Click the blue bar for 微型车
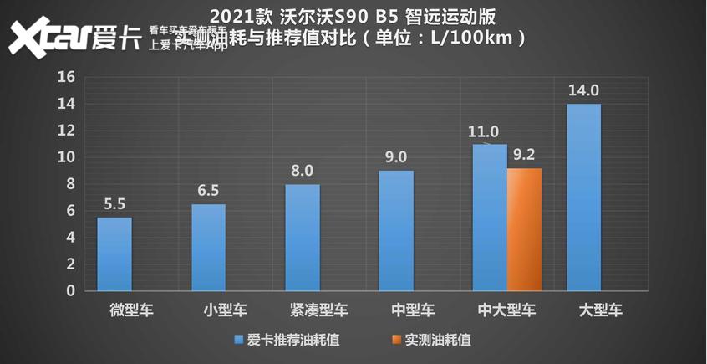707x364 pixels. (x=114, y=254)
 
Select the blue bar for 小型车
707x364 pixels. (x=208, y=247)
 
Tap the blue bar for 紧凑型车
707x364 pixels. (x=303, y=237)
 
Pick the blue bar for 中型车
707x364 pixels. (x=396, y=230)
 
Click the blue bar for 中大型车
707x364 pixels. (x=490, y=217)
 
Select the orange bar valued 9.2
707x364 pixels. (x=524, y=229)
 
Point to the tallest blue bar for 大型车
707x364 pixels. (x=583, y=197)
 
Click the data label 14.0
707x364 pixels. (x=583, y=90)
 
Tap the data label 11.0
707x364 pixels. (x=484, y=131)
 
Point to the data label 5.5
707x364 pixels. (x=114, y=203)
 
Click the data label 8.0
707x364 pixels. (x=303, y=171)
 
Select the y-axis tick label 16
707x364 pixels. (x=67, y=77)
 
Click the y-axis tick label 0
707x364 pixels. (x=71, y=290)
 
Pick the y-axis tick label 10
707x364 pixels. (x=67, y=157)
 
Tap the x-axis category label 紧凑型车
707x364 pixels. (x=318, y=310)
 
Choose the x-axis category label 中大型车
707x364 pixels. (x=506, y=310)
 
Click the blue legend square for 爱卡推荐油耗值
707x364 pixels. (x=239, y=340)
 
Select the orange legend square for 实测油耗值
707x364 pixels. (x=394, y=340)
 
